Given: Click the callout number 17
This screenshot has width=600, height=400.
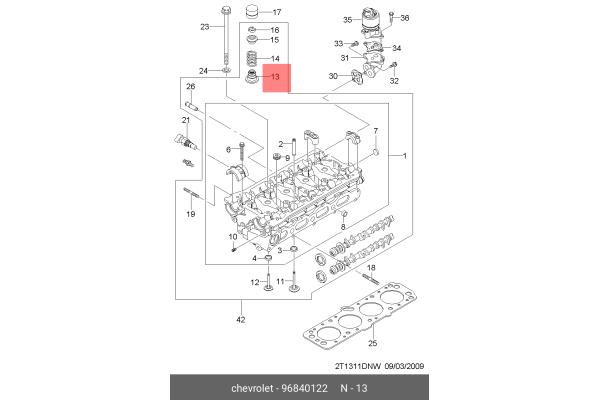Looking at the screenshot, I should (277, 12).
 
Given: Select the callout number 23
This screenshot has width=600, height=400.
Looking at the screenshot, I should (205, 26).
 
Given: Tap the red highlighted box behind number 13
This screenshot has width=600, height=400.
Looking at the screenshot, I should (276, 76).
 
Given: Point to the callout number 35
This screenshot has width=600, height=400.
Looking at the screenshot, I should (347, 19).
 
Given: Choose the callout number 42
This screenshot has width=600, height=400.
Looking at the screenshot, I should (240, 320).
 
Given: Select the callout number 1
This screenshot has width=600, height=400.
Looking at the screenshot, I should (403, 157).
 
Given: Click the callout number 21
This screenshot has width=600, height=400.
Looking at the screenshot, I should (184, 120).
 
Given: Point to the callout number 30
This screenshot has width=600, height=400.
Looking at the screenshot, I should (332, 77).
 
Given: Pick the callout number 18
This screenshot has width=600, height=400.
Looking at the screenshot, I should (371, 270).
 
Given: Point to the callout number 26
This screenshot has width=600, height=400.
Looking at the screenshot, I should (189, 86).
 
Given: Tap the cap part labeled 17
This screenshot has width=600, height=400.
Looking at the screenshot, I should (252, 13).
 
